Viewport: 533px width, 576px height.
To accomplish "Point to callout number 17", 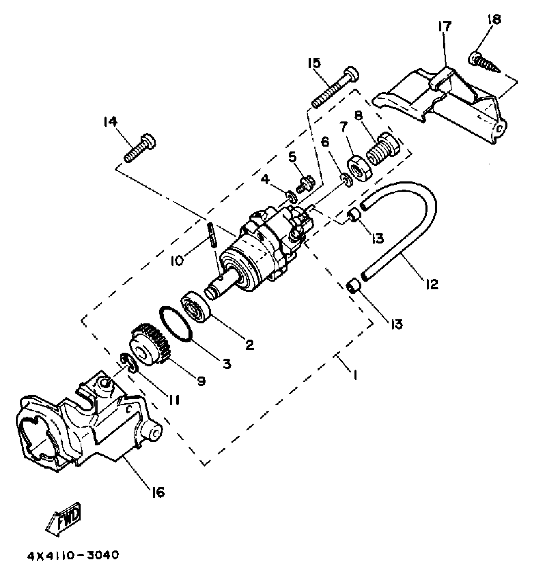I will [445, 27].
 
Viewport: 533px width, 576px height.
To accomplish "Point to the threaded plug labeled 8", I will [383, 149].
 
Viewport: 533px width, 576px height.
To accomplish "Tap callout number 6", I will [325, 143].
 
